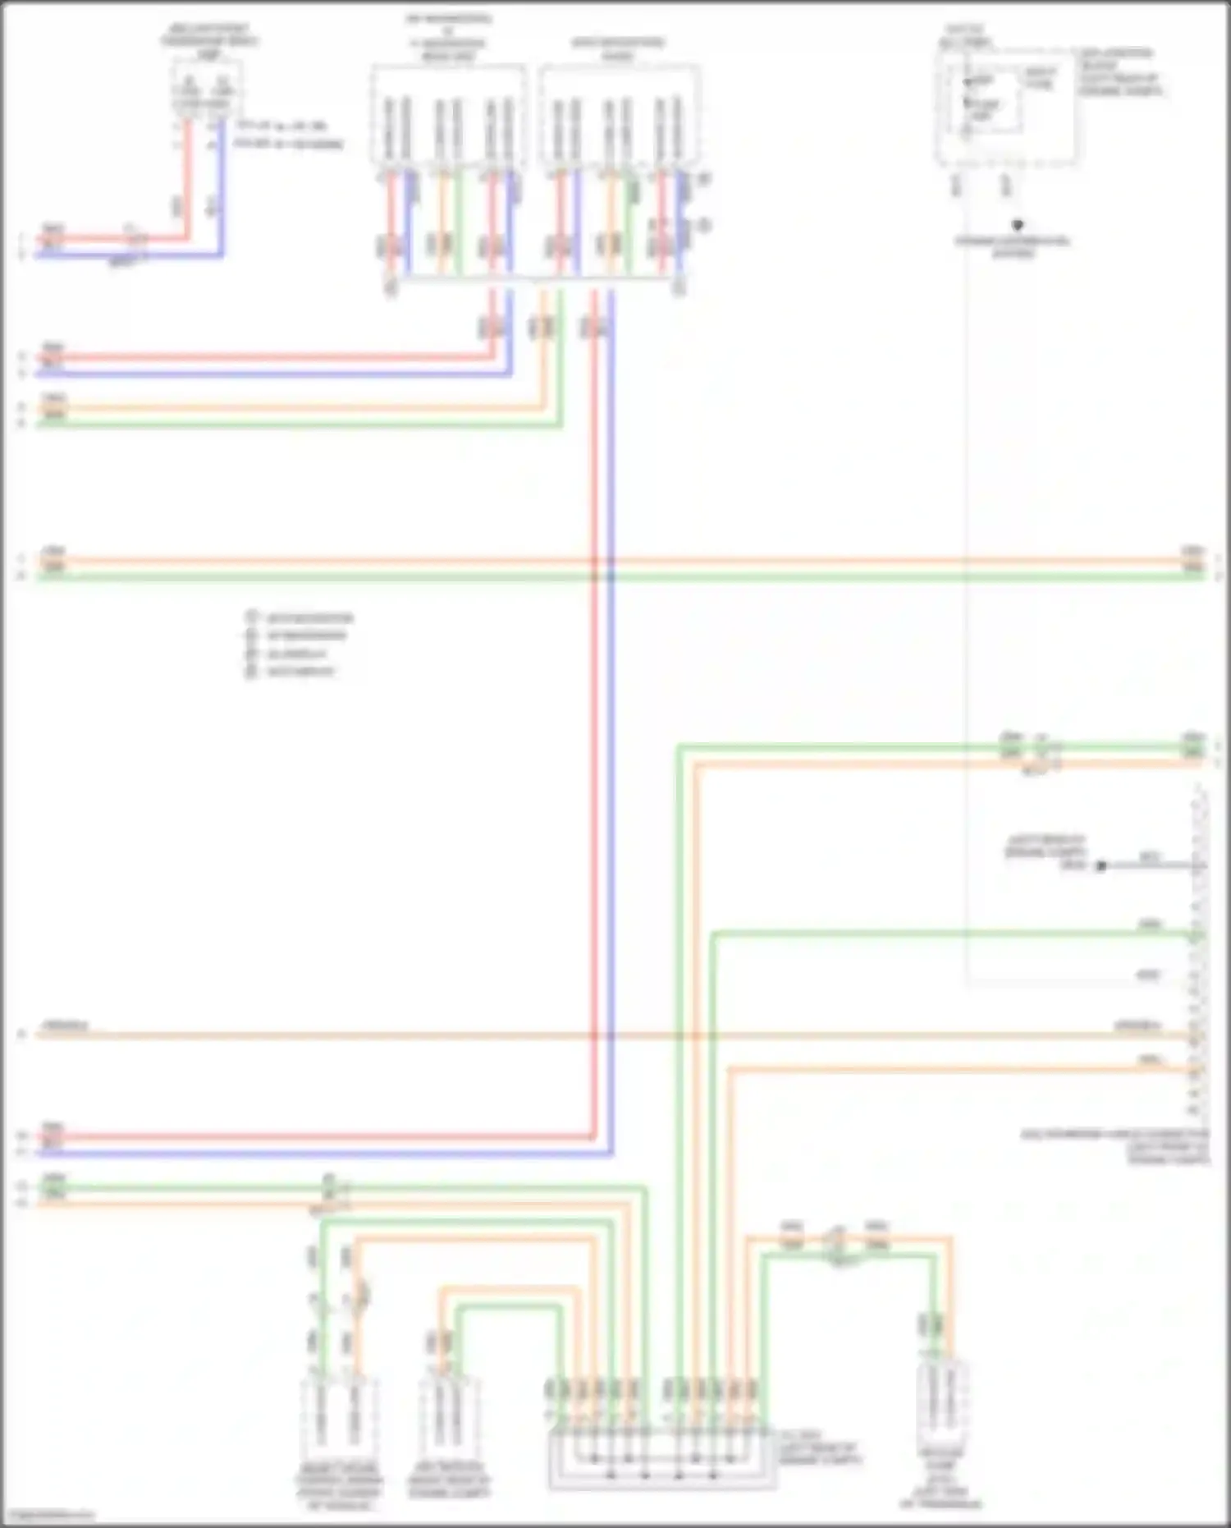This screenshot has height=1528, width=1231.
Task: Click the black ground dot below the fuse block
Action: (1018, 224)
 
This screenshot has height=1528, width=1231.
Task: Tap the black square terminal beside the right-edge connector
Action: (1102, 865)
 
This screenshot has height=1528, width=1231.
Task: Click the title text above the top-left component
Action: (209, 39)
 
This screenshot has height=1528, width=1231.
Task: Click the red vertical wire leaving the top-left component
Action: (187, 181)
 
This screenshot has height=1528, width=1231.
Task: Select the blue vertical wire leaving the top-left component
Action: (221, 189)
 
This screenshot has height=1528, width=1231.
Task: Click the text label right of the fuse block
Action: (1120, 71)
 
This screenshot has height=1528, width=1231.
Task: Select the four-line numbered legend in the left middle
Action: (300, 645)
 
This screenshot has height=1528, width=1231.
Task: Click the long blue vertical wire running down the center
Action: (611, 739)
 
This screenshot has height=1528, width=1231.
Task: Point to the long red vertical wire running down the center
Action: (594, 739)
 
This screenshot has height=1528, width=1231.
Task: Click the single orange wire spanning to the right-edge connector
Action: (574, 1035)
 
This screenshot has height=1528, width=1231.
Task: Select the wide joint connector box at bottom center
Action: (661, 1457)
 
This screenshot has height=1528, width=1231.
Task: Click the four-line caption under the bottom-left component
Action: (339, 1486)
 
